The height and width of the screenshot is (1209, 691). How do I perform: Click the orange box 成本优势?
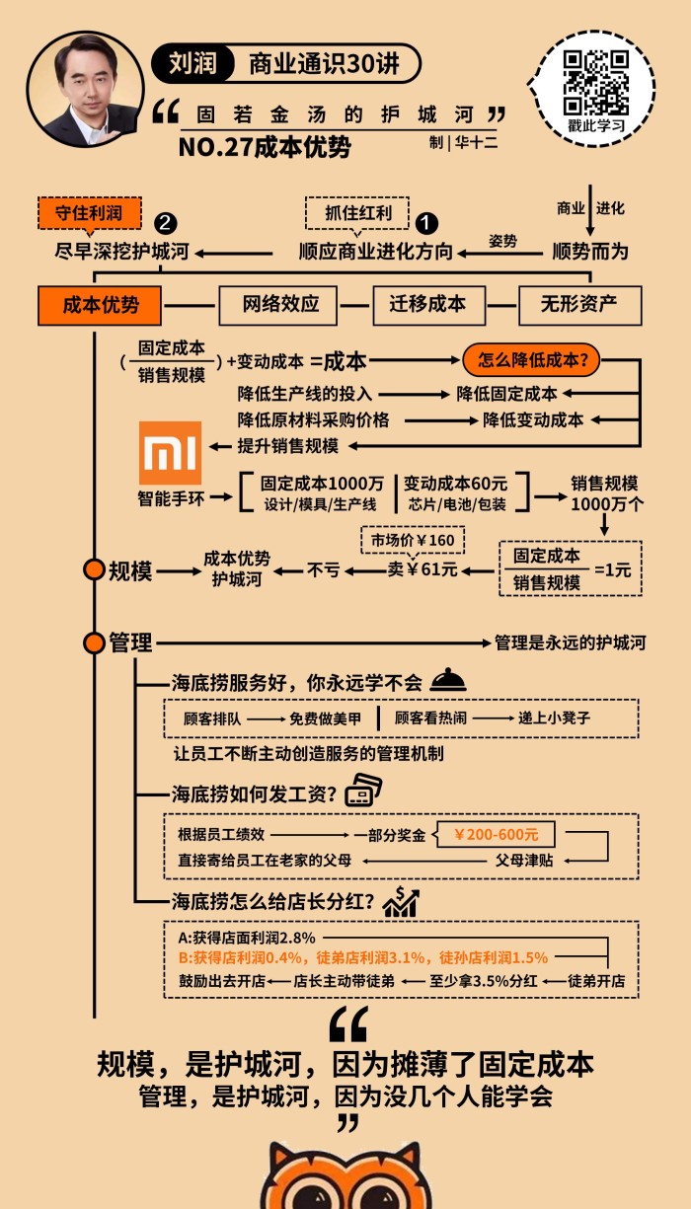[x=100, y=305]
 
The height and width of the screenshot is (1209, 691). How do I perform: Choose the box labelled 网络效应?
[x=281, y=305]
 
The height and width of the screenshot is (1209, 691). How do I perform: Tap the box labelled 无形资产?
[x=579, y=305]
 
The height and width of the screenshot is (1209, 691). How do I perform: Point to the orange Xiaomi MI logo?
[x=171, y=453]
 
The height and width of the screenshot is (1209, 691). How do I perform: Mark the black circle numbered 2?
[x=167, y=223]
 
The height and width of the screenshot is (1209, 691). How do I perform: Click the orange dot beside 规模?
[x=94, y=570]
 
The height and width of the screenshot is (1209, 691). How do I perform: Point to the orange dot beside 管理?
[x=94, y=642]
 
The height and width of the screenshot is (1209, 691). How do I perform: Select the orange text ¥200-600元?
[x=496, y=835]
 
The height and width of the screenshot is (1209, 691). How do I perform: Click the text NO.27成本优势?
[x=265, y=147]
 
